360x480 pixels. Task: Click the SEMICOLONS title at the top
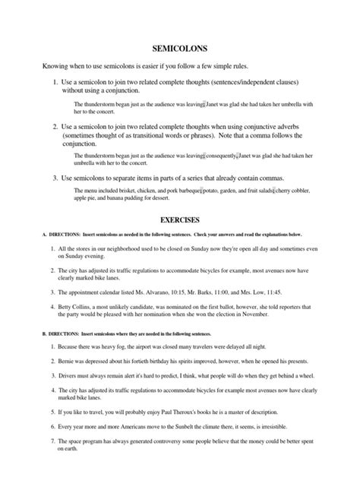(x=179, y=46)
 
